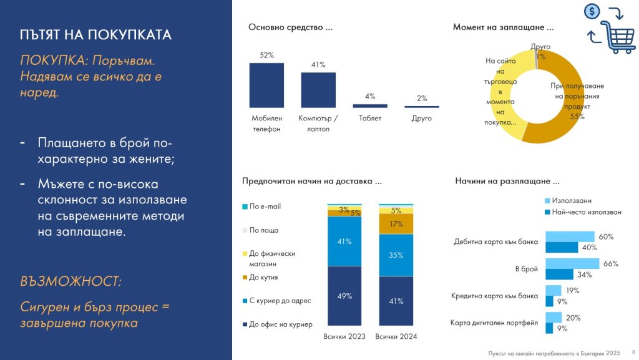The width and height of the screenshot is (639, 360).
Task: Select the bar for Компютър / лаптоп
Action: point(318,90)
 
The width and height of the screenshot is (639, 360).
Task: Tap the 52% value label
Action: point(266,55)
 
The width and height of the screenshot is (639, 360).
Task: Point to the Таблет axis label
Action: point(370,118)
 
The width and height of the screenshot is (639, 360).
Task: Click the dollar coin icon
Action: point(592,11)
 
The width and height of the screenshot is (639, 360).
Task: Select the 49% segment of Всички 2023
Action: point(344,297)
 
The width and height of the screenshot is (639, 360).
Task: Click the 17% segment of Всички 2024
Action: point(396,224)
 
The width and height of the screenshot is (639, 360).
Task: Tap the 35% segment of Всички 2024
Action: point(396,255)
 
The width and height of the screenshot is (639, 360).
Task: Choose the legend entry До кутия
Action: point(263,277)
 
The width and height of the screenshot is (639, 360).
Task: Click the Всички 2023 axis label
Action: point(344,337)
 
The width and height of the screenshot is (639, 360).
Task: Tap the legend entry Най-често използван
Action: point(586,212)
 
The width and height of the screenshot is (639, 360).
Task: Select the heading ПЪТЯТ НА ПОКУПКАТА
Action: point(95,34)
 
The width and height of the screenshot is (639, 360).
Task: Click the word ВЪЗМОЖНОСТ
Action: point(71,281)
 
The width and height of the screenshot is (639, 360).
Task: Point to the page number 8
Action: point(633,351)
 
